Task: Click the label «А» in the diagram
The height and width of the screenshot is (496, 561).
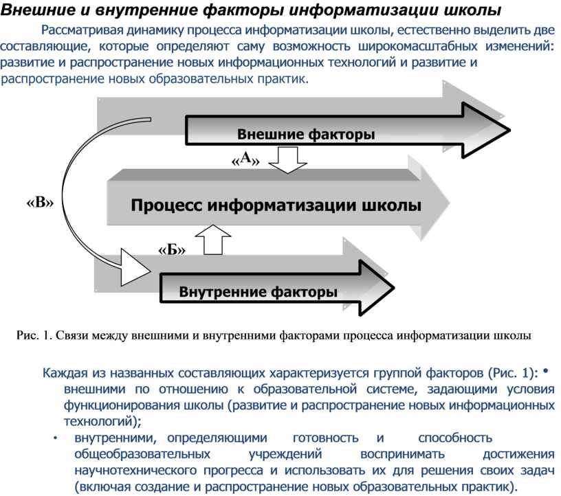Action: (245, 159)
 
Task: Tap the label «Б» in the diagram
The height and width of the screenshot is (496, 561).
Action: (172, 249)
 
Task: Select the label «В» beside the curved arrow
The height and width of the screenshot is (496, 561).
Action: (40, 203)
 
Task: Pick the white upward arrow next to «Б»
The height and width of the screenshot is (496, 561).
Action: (213, 240)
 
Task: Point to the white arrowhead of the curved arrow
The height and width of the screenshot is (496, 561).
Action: (134, 267)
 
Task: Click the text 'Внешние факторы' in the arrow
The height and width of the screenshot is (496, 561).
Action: (306, 135)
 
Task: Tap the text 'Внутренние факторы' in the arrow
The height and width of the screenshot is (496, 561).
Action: (258, 292)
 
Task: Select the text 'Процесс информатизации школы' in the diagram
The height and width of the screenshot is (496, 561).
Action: (276, 205)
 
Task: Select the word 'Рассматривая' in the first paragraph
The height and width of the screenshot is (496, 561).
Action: (82, 30)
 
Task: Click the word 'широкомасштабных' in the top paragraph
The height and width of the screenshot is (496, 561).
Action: (417, 46)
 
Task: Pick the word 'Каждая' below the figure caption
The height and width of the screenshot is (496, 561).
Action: (65, 373)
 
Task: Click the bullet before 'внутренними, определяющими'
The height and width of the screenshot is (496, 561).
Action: (55, 438)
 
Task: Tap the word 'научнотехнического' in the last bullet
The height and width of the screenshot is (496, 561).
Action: (135, 471)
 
